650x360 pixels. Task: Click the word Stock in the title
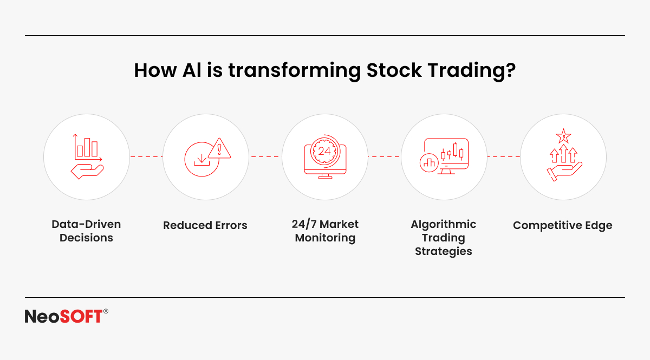[394, 70]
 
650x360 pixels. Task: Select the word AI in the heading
[192, 70]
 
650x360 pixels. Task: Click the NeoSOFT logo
[67, 316]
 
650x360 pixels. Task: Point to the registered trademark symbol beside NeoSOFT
[106, 311]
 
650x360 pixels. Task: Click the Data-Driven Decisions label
[86, 231]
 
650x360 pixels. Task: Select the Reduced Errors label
[205, 225]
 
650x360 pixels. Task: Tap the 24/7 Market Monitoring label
[325, 231]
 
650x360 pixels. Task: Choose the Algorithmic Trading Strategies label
[444, 238]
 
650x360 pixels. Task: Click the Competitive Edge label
[563, 226]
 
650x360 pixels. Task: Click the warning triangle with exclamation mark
[219, 148]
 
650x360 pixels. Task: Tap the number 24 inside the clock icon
[324, 151]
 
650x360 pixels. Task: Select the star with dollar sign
[563, 136]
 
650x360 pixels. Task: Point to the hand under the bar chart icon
[87, 172]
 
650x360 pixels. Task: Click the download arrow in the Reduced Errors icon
[201, 160]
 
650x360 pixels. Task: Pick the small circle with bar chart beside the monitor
[429, 163]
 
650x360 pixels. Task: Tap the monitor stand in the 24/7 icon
[326, 176]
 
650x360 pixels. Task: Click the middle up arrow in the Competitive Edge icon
[563, 153]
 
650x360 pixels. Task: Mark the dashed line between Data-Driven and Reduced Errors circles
[146, 156]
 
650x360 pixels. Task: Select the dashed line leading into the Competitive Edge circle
[503, 156]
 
